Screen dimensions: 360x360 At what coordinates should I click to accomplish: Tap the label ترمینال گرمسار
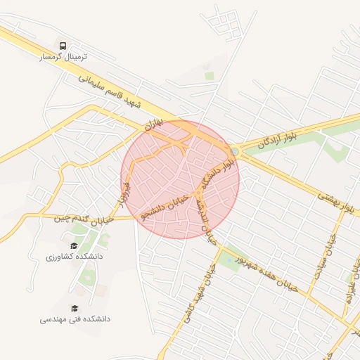[x=64, y=56]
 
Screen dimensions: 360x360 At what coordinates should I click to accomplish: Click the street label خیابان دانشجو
[x=166, y=207]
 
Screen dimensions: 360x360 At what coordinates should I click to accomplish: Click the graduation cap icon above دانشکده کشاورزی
[x=75, y=245]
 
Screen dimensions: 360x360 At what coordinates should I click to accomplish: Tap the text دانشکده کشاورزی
[x=75, y=257]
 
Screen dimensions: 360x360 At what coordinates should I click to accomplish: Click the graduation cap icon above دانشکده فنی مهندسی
[x=75, y=307]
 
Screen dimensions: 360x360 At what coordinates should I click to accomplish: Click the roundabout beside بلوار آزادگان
[x=233, y=150]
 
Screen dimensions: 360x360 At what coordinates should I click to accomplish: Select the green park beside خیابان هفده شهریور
[x=229, y=262]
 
